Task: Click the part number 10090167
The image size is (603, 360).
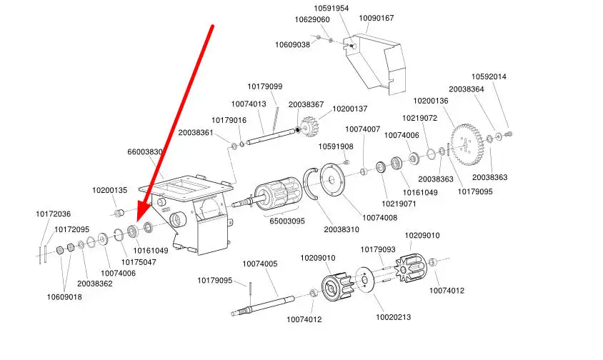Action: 376,18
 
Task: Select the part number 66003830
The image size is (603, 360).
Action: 146,152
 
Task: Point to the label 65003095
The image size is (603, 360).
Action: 286,221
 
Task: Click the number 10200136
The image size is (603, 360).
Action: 431,101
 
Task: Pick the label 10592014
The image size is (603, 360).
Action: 489,76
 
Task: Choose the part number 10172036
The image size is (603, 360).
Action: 54,214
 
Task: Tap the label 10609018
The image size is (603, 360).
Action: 64,297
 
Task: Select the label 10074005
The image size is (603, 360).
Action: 259,264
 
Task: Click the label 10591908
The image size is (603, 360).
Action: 336,146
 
